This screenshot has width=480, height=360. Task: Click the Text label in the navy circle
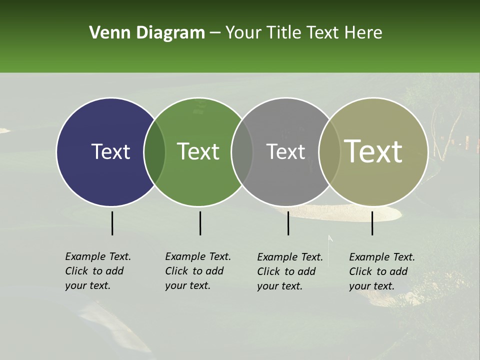[110, 151]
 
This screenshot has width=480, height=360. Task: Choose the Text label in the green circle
[198, 151]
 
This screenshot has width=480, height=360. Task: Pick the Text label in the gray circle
[285, 151]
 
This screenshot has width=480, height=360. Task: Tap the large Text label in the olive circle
[373, 151]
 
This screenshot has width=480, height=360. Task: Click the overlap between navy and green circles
[154, 151]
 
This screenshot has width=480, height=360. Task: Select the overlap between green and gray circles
[242, 151]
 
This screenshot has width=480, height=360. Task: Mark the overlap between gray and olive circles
[329, 151]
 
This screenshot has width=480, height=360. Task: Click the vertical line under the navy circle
[112, 223]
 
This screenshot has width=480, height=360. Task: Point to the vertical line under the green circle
[200, 223]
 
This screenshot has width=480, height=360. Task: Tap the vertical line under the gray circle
[288, 223]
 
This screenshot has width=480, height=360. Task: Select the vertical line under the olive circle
[372, 223]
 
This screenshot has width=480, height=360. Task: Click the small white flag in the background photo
[330, 239]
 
